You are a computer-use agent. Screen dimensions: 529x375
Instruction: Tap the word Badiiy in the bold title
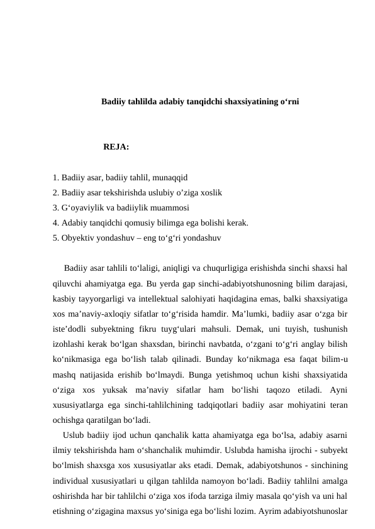coord(113,101)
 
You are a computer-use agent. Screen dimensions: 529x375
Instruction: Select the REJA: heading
coord(116,148)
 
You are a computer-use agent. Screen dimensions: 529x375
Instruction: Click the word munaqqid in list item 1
coord(172,178)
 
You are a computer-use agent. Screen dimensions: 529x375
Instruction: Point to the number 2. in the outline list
coord(57,192)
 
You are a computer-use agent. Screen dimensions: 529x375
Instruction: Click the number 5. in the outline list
coord(57,237)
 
